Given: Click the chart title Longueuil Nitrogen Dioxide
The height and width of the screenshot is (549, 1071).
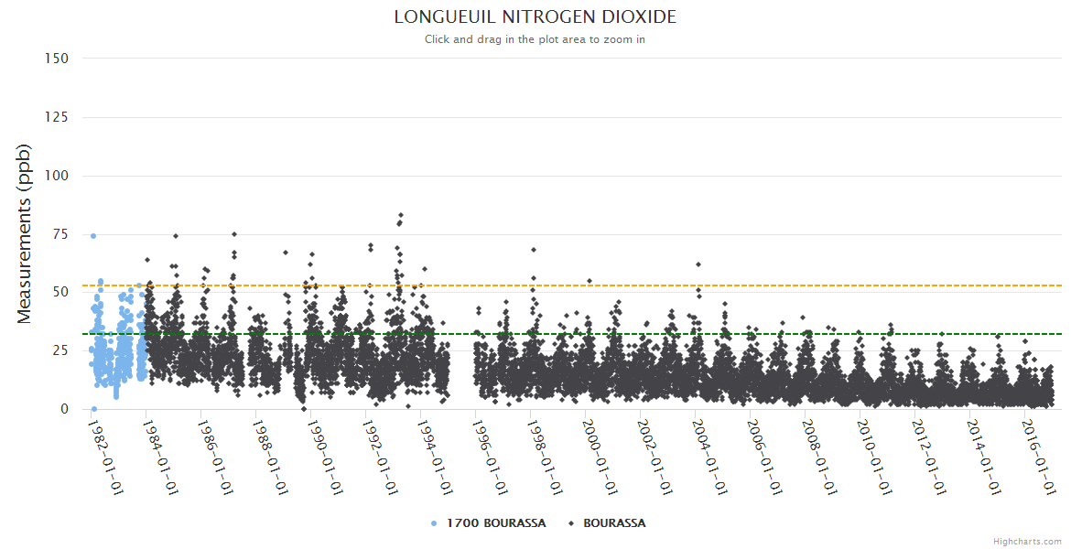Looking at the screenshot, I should coord(535,17).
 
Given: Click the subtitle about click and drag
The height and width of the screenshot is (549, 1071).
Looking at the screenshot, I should coord(535,39).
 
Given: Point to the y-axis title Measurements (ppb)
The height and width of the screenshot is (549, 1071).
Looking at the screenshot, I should coord(25,233).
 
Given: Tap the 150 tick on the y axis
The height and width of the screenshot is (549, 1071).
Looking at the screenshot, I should coord(56,59).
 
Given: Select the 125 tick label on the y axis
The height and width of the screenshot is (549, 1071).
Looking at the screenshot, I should coord(56,117).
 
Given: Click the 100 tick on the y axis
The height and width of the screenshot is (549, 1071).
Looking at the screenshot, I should coord(56,176).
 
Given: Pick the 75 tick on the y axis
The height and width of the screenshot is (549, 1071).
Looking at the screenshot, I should coord(59,234).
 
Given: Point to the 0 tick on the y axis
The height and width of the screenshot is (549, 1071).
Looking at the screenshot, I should coord(64,409).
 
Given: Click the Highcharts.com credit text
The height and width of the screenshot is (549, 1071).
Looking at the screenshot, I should coord(1027,542).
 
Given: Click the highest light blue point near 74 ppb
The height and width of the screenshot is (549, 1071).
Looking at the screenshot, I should coord(92,236).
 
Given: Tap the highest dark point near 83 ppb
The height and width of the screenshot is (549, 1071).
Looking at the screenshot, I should coord(401,215).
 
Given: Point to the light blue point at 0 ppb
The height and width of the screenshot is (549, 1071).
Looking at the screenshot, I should coord(93,409).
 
